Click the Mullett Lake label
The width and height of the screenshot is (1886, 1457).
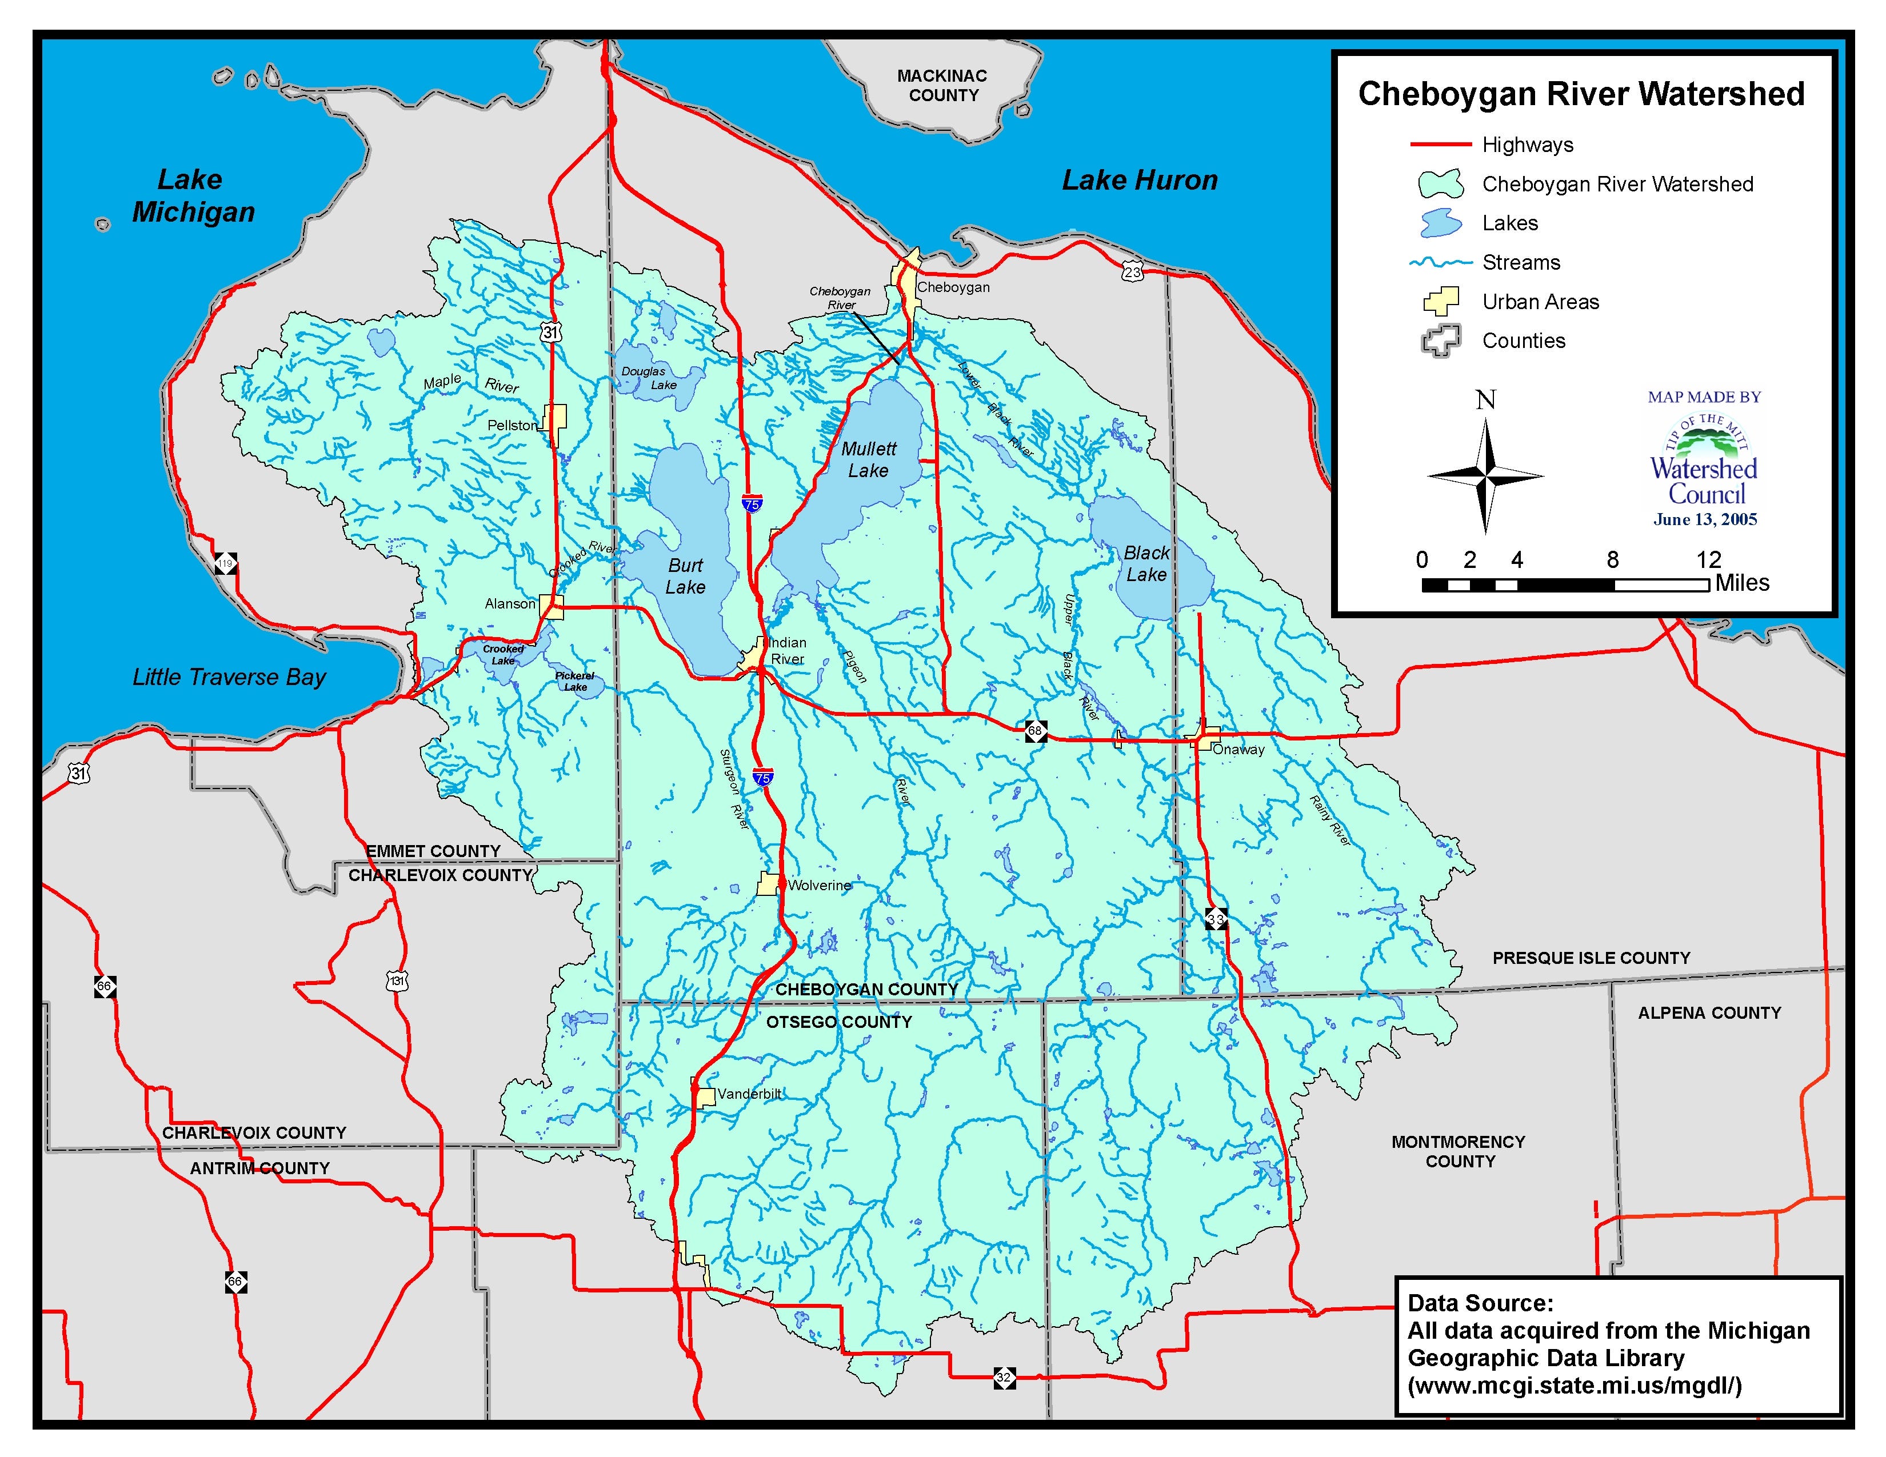869,460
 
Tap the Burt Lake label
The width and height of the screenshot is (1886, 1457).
686,576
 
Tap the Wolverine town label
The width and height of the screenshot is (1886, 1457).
818,886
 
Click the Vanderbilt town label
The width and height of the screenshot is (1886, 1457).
749,1094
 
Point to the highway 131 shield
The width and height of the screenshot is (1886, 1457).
397,982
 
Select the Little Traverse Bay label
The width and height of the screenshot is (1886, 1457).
229,678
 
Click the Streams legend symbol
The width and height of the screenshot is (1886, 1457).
1440,262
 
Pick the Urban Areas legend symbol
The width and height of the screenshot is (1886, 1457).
1440,301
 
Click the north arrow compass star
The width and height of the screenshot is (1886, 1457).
1485,475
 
